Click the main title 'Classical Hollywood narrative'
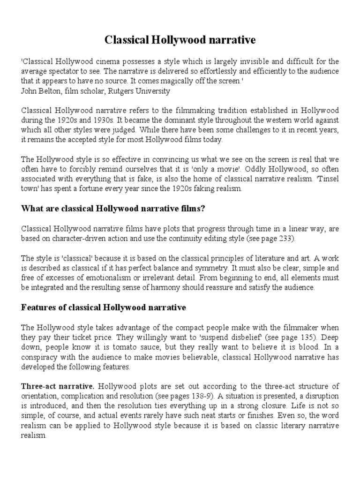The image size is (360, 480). [x=180, y=40]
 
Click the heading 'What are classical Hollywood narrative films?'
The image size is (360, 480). [x=113, y=209]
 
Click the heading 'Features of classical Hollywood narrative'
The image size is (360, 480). [x=104, y=307]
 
